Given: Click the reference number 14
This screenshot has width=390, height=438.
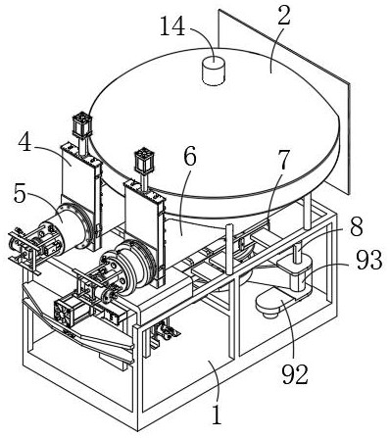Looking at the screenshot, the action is point(172,26).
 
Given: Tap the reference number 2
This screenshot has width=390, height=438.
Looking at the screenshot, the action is point(284,17).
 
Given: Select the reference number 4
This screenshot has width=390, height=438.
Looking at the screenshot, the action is point(25,142).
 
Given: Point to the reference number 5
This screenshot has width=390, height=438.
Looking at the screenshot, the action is point(20,194).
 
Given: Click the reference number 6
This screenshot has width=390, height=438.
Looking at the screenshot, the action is point(190,156).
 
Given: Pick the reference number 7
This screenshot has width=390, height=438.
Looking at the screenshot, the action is point(283,161).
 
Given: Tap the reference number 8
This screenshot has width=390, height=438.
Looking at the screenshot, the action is point(357,226).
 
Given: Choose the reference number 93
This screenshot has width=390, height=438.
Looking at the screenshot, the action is point(368,260).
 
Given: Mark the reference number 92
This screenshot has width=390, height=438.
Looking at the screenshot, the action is point(295,374).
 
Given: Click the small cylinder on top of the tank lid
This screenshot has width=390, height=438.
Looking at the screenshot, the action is point(214,71).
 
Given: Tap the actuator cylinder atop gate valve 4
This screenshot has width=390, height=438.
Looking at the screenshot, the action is point(81,125).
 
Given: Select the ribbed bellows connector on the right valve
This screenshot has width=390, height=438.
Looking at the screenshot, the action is point(134,265).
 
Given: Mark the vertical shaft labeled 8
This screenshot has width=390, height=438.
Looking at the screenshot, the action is point(297,253).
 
